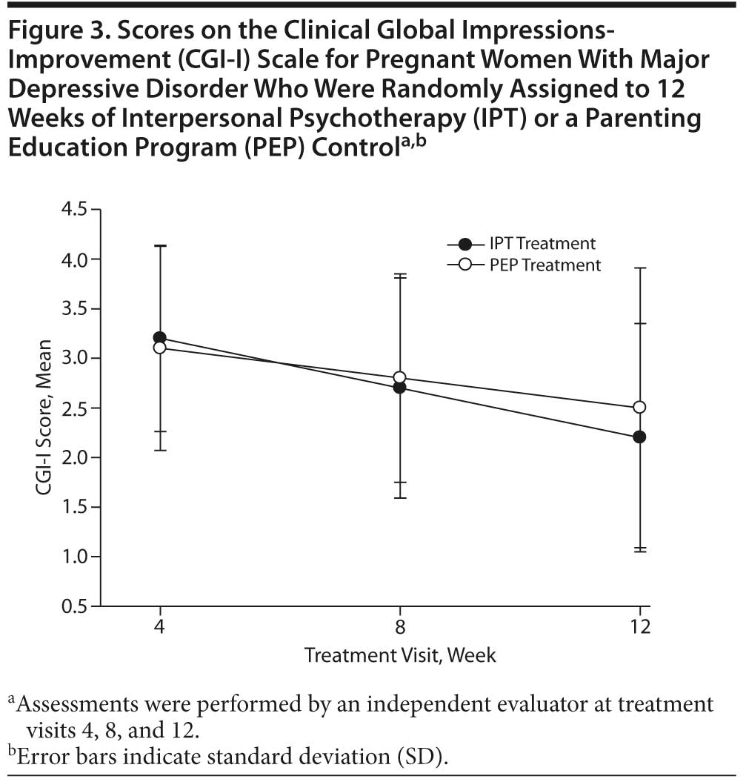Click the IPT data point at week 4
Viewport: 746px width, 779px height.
tap(159, 338)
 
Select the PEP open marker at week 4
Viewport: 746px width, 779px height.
tap(159, 348)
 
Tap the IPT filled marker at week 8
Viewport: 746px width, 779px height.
tap(400, 388)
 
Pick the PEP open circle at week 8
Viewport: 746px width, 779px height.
tap(400, 377)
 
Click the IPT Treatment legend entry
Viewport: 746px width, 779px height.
tap(542, 244)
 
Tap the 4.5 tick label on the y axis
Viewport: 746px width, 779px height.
tap(75, 210)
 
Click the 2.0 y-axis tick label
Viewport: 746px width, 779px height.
tap(75, 457)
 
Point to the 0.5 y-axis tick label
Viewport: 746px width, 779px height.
tap(75, 606)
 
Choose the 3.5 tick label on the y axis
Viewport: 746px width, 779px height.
tap(75, 308)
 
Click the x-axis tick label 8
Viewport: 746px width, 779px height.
tap(400, 627)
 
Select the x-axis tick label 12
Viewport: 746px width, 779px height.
tap(640, 627)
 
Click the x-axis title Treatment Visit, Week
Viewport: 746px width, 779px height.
tap(400, 655)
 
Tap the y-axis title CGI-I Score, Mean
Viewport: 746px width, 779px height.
tap(46, 408)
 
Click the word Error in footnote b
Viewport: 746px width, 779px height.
tap(39, 758)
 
